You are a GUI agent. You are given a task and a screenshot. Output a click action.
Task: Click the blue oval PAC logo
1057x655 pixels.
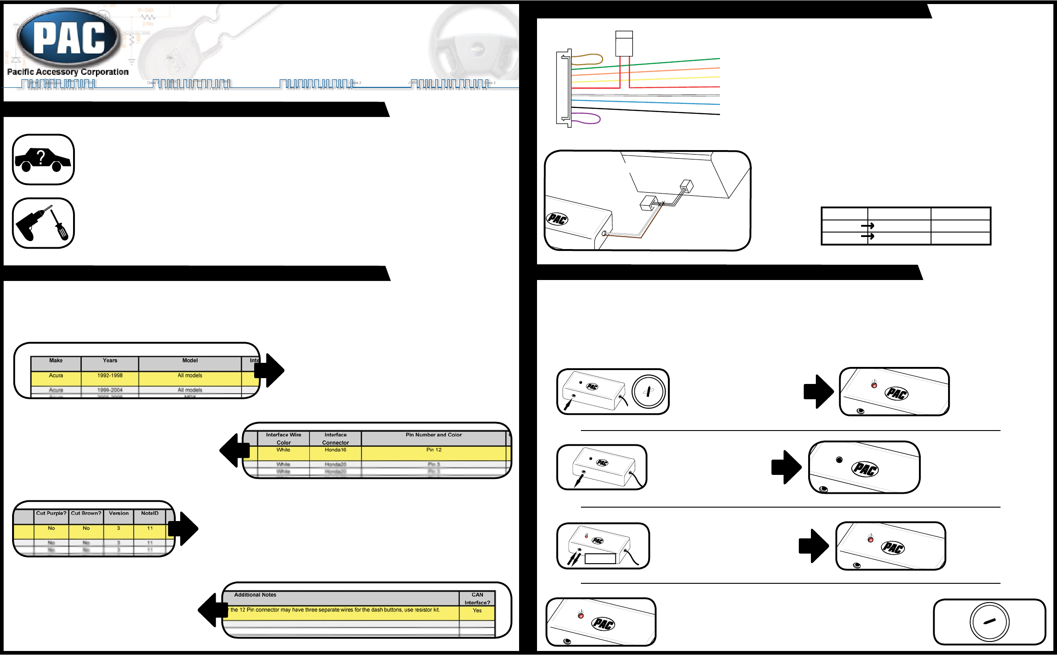69,38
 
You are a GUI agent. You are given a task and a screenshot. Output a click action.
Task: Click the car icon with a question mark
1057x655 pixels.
43,159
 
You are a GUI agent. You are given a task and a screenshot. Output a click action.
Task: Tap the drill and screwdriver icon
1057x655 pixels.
43,223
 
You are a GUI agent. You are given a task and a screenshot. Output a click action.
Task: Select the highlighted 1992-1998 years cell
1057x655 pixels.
110,376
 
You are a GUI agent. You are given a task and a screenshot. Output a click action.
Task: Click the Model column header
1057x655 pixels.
190,361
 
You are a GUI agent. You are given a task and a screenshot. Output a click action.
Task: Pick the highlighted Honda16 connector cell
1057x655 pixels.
335,450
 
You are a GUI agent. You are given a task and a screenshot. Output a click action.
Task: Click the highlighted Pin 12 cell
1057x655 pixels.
433,450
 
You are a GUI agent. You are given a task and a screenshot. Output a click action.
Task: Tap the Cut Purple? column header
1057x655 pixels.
51,513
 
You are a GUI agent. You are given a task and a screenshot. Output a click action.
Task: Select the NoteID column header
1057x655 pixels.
150,513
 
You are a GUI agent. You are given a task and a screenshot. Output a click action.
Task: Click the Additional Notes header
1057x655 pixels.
255,595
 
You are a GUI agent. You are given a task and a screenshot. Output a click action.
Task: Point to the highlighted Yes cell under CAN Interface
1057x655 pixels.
477,611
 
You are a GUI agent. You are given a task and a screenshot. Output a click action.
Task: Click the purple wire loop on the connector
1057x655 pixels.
586,118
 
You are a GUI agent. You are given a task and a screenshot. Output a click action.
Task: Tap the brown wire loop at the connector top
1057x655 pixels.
587,59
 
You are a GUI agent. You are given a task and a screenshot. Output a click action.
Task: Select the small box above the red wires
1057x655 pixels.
624,43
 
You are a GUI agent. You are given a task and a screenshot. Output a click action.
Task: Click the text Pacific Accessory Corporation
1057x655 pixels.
68,72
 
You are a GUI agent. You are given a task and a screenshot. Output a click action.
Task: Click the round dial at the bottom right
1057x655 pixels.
989,622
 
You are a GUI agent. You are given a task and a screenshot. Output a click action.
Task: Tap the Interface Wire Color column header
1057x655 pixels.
283,439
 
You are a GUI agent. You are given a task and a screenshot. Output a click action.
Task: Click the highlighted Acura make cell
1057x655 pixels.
56,376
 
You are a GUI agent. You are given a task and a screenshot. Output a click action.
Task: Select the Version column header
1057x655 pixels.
119,513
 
